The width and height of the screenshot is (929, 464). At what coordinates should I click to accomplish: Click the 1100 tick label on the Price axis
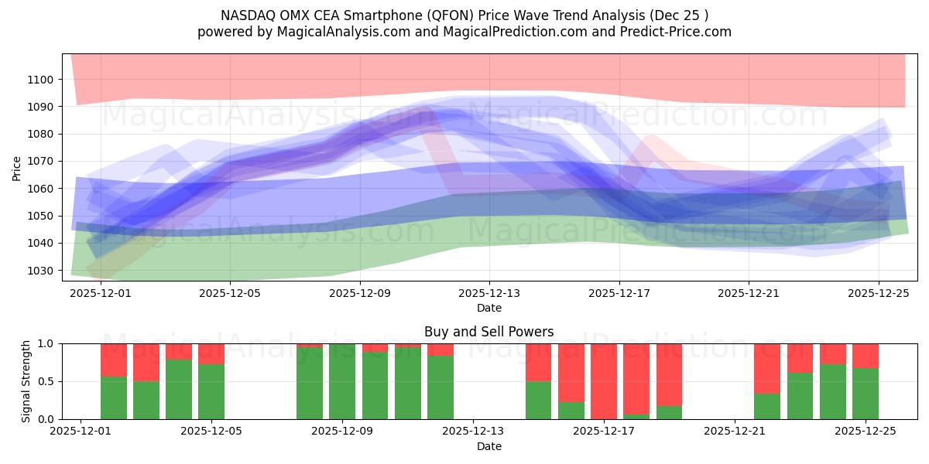pyautogui.click(x=39, y=80)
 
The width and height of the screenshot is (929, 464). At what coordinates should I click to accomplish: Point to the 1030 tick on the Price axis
pyautogui.click(x=39, y=271)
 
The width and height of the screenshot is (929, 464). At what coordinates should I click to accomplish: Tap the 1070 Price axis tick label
pyautogui.click(x=39, y=162)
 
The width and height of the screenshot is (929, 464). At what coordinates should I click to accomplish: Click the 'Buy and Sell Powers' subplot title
pyautogui.click(x=488, y=332)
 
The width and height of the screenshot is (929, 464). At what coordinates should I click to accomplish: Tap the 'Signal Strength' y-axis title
pyautogui.click(x=27, y=381)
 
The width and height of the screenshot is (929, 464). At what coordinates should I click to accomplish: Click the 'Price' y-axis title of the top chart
pyautogui.click(x=17, y=167)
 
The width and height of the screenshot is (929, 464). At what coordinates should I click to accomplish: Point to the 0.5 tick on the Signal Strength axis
pyautogui.click(x=46, y=381)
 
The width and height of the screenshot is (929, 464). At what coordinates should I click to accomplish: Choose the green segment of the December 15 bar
pyautogui.click(x=538, y=400)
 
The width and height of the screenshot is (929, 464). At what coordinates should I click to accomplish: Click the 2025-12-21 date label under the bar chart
pyautogui.click(x=734, y=431)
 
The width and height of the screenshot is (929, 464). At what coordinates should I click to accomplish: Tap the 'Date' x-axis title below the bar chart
pyautogui.click(x=488, y=446)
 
